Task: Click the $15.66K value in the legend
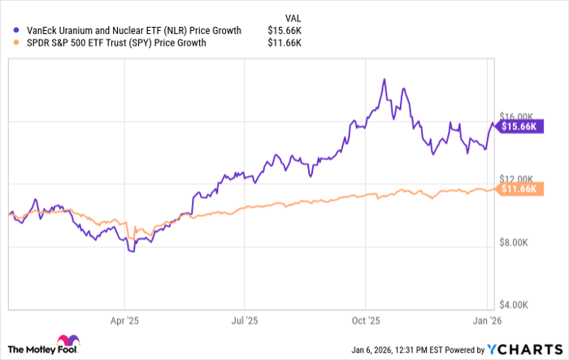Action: tap(286, 31)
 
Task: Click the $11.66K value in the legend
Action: tap(286, 44)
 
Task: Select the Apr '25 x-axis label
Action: tap(124, 321)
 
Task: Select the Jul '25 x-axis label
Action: tap(245, 321)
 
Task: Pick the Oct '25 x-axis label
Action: tap(367, 321)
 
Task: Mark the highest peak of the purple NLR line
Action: tap(383, 80)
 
